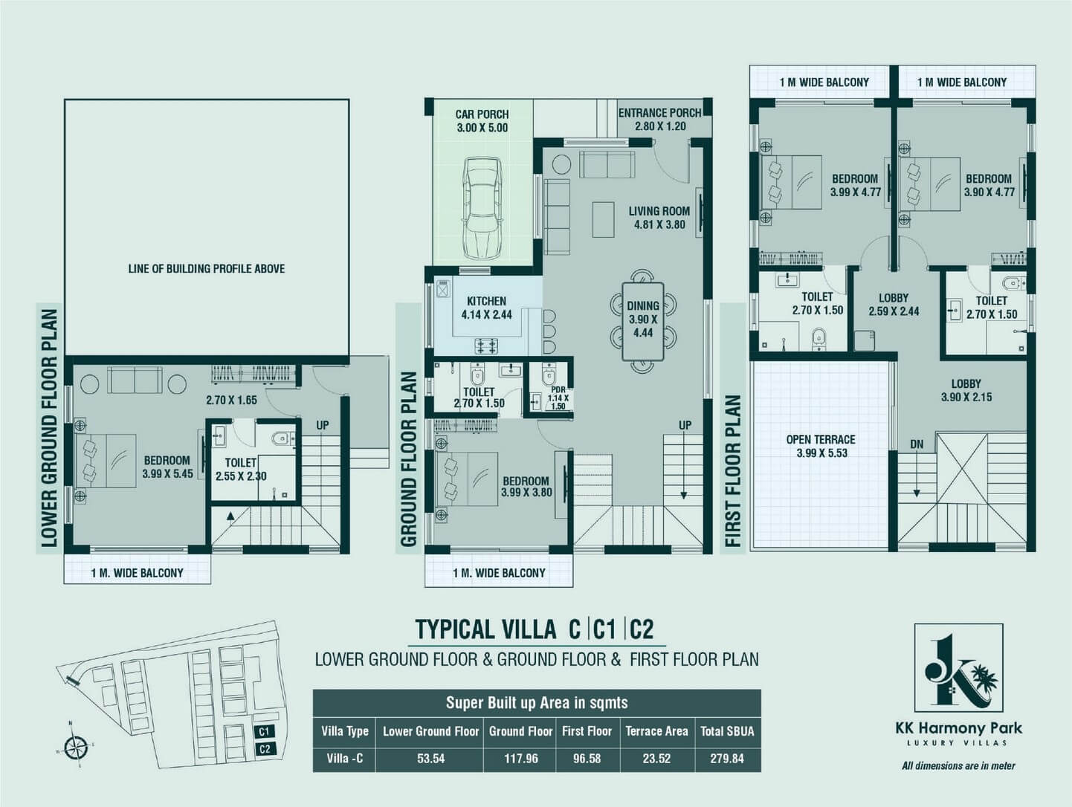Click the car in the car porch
(482, 208)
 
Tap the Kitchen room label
(486, 308)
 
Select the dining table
(643, 322)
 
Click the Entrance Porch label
(660, 120)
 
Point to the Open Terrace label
(821, 446)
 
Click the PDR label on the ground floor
(558, 398)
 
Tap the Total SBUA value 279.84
(727, 759)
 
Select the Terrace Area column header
(657, 731)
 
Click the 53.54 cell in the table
(430, 759)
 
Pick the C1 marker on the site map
(264, 731)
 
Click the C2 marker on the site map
(265, 749)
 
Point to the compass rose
(76, 746)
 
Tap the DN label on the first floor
(917, 444)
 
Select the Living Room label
(659, 218)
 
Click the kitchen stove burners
(486, 346)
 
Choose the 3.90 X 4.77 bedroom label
(989, 186)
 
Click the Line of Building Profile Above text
(207, 268)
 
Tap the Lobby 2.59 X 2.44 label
(894, 305)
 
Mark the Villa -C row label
(345, 759)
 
